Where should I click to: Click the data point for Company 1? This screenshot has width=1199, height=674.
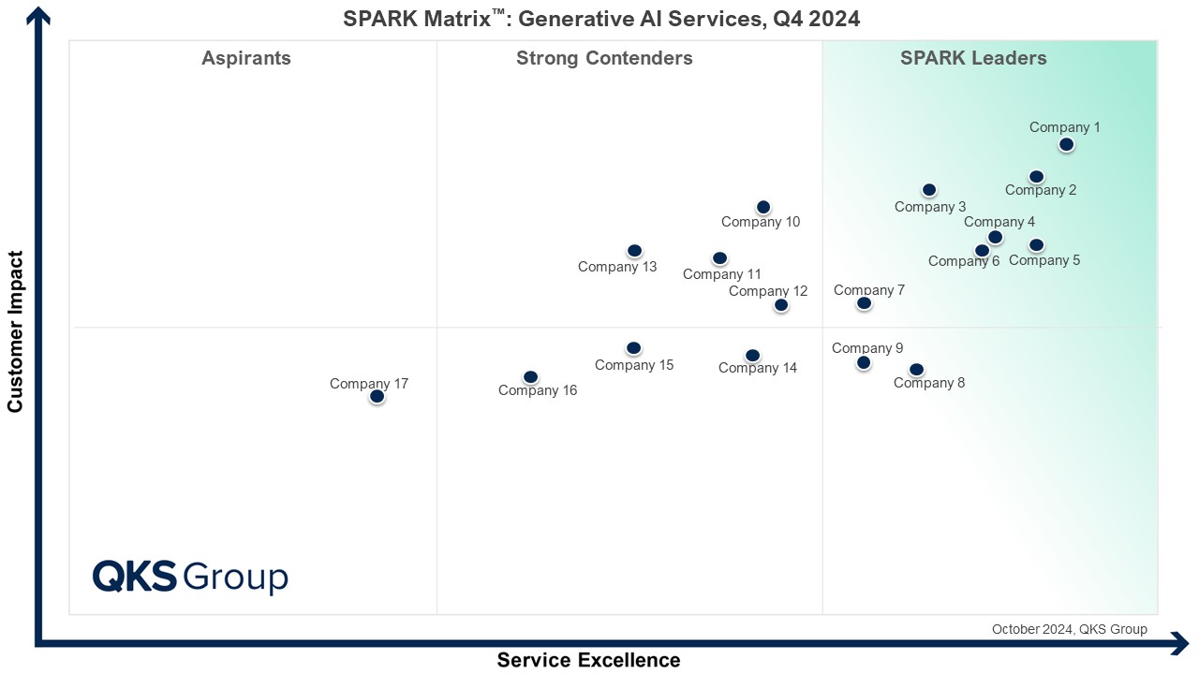(1066, 144)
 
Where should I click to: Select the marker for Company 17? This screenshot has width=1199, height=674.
(377, 396)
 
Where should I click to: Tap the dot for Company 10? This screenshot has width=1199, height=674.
(763, 207)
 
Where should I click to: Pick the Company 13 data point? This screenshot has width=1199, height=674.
(634, 251)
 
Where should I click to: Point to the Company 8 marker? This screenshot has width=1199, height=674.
(916, 370)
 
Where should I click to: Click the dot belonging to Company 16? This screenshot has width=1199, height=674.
(530, 377)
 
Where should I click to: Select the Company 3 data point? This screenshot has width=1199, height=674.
(928, 190)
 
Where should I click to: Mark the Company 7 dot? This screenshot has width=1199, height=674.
(864, 303)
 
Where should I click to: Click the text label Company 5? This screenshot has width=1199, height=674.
(1044, 260)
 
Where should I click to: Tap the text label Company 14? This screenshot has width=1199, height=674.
(758, 368)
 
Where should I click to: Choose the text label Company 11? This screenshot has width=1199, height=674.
(722, 274)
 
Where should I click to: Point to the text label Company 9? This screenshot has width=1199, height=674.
(867, 348)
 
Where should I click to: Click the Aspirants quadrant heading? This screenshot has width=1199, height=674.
(246, 58)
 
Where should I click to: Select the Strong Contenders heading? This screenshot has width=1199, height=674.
(604, 58)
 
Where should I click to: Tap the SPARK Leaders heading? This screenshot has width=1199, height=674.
(973, 58)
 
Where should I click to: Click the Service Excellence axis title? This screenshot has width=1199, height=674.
(588, 660)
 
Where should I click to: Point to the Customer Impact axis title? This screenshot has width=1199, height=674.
(15, 330)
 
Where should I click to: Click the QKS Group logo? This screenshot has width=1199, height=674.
(190, 577)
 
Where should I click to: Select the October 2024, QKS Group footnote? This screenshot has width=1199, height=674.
(1069, 629)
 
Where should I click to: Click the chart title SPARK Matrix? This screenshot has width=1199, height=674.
(601, 19)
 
